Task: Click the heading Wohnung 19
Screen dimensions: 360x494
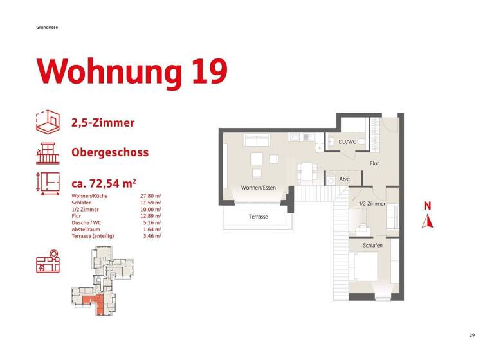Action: [133, 71]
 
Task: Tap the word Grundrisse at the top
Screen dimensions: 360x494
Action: [48, 27]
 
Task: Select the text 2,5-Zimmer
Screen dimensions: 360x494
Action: [103, 123]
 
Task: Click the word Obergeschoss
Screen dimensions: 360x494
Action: [110, 153]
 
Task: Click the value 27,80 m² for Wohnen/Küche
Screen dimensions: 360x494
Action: [151, 195]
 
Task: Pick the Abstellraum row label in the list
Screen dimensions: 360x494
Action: [87, 230]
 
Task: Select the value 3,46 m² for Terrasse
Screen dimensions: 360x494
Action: [151, 237]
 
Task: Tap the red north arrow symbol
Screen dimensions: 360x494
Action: [426, 222]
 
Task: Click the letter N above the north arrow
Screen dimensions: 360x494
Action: [426, 206]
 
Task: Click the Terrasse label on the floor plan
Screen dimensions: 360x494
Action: [258, 217]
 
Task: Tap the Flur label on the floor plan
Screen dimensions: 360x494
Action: [374, 163]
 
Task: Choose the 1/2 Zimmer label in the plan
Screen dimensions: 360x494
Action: [372, 204]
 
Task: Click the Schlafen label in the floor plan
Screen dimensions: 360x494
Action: [372, 246]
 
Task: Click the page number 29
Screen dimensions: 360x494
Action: [471, 335]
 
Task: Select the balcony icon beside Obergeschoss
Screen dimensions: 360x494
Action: [48, 153]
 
